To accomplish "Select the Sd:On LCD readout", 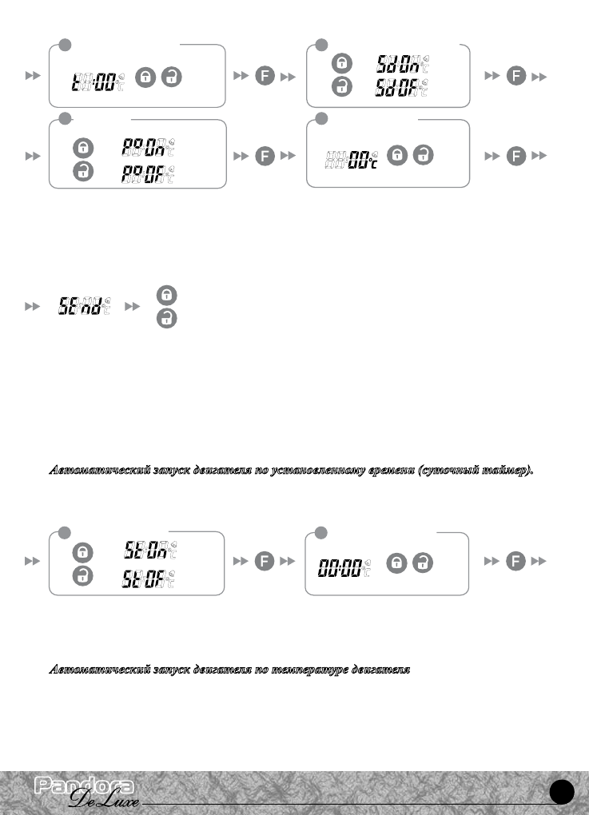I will coord(400,62).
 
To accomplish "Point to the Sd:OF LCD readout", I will coord(400,88).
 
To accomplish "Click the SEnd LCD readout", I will coord(85,306).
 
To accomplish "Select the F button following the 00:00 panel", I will coord(516,563).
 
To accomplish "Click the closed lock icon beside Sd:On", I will coord(342,62).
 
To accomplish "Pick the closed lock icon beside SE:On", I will coord(82,551).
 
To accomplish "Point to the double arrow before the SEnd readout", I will coord(33,306).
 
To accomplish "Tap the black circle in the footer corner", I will coord(563,790).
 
